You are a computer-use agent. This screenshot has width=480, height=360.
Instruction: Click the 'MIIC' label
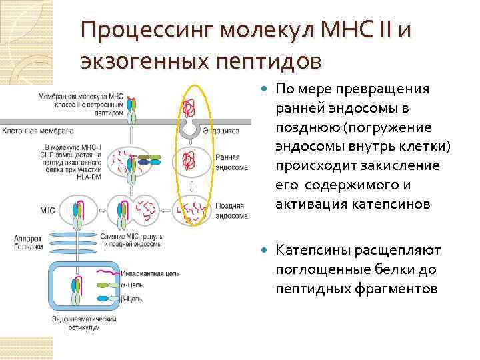click(47, 211)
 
